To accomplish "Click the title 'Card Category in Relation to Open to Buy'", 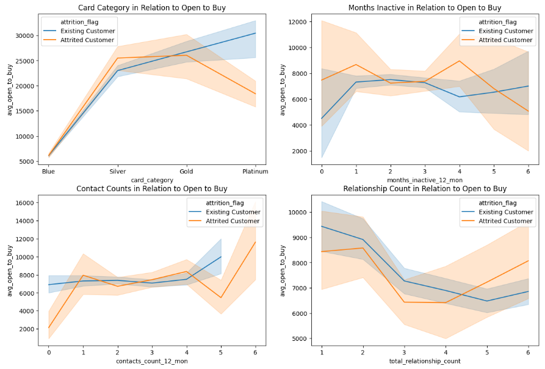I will (151, 7).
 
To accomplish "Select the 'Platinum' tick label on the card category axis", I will (255, 172).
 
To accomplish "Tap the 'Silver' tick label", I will (117, 172).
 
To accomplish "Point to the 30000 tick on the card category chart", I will (24, 35).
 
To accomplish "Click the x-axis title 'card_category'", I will (151, 180).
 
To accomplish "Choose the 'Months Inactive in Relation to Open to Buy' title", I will (425, 7).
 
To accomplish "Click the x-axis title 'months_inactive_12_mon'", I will (425, 180).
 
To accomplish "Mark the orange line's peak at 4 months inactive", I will (459, 60).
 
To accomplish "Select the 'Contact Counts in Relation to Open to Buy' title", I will (151, 189).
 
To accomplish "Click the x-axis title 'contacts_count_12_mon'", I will (151, 361).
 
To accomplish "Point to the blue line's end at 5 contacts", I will (221, 257).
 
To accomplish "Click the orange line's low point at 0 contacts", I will (48, 327).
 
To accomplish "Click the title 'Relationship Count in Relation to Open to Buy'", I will (425, 189).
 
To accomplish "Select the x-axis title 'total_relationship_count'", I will (425, 361).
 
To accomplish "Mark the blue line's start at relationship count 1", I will (322, 227).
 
